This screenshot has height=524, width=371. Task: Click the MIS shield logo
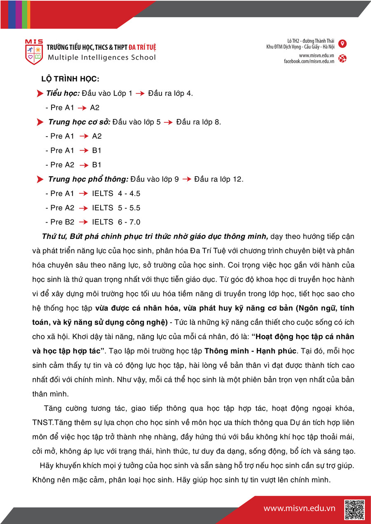pyautogui.click(x=34, y=52)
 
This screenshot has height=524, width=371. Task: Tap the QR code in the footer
pyautogui.click(x=355, y=510)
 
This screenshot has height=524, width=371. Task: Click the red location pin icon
pyautogui.click(x=342, y=44)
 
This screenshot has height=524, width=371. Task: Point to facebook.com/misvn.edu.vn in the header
pyautogui.click(x=309, y=61)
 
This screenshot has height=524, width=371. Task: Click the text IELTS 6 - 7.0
pyautogui.click(x=116, y=222)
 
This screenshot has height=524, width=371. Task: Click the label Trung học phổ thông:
pyautogui.click(x=88, y=179)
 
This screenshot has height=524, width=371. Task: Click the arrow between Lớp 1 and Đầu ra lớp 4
pyautogui.click(x=141, y=94)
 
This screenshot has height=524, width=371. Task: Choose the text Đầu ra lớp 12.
pyautogui.click(x=219, y=179)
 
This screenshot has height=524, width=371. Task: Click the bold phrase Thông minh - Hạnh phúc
pyautogui.click(x=250, y=351)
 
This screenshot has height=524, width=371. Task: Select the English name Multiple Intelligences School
pyautogui.click(x=102, y=58)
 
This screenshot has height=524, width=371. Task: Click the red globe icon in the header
pyautogui.click(x=342, y=58)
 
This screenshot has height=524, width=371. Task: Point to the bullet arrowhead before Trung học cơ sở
pyautogui.click(x=40, y=122)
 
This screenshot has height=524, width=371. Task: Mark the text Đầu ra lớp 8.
pyautogui.click(x=199, y=122)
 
